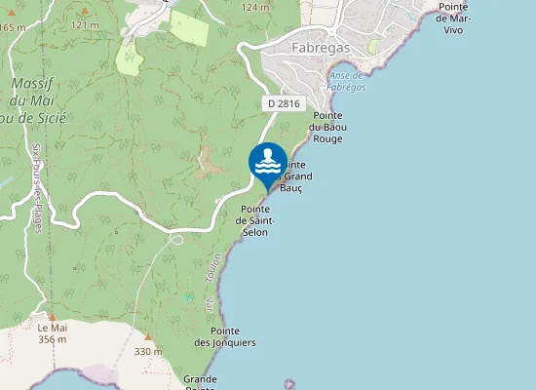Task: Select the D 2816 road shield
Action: pyautogui.click(x=284, y=103)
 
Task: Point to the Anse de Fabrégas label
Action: pyautogui.click(x=346, y=81)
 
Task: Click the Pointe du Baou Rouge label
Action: pyautogui.click(x=327, y=127)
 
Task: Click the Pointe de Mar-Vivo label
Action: pyautogui.click(x=454, y=19)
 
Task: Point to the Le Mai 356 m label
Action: pyautogui.click(x=53, y=333)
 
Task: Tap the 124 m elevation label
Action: pyautogui.click(x=255, y=7)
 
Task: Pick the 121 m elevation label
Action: pyautogui.click(x=85, y=24)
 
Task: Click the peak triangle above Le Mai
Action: pyautogui.click(x=53, y=316)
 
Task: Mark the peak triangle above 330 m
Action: pyautogui.click(x=147, y=337)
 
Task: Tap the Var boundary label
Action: pyautogui.click(x=209, y=305)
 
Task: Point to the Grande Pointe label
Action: pyautogui.click(x=200, y=381)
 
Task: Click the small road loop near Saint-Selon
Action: pyautogui.click(x=176, y=238)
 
